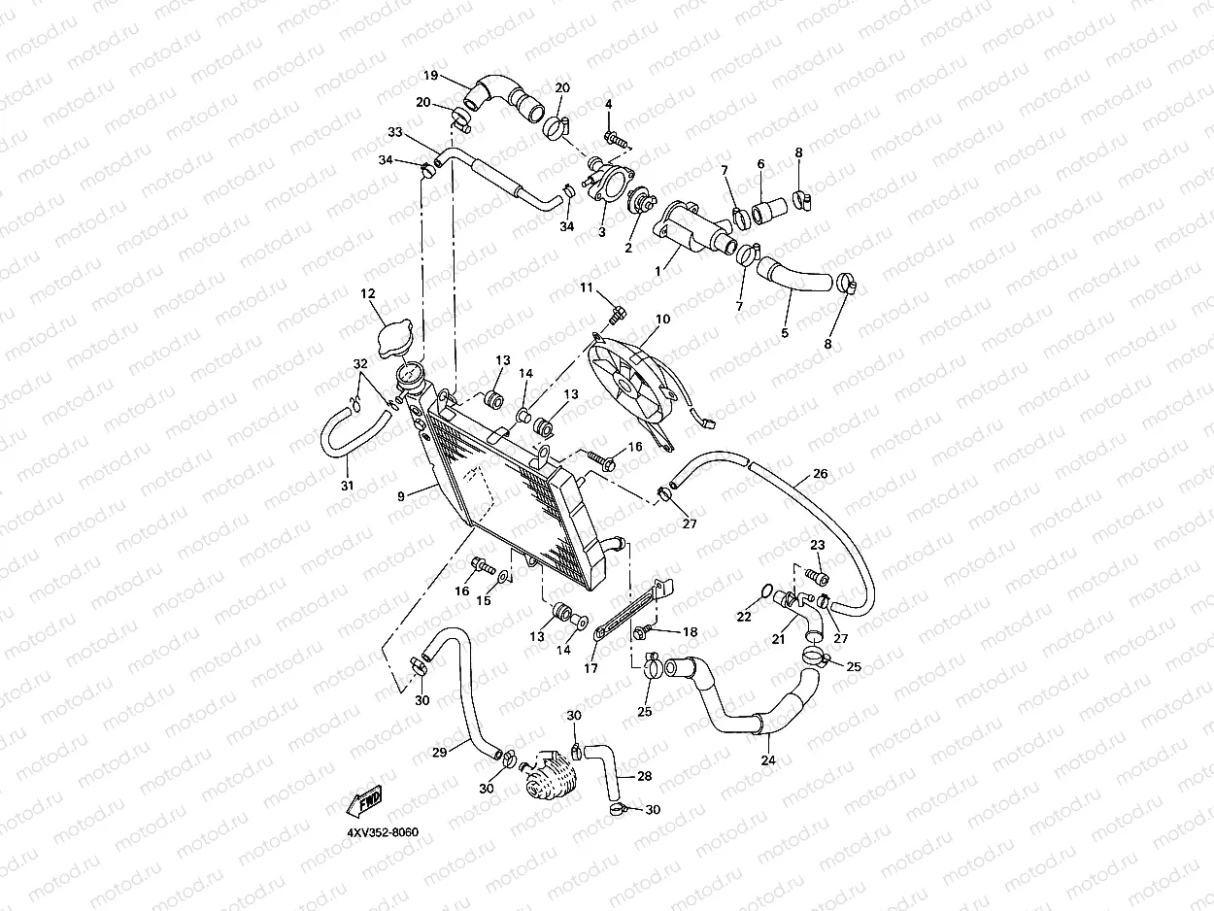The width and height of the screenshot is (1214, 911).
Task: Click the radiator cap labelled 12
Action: (x=393, y=336)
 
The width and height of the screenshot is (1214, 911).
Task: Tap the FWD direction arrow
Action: (x=364, y=801)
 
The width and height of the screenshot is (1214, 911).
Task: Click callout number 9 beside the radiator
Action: (x=400, y=496)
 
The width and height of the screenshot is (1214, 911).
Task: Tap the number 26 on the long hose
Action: (x=821, y=474)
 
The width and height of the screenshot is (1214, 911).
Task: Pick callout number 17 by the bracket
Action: (x=590, y=667)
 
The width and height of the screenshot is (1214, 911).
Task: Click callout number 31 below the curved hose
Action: (x=348, y=485)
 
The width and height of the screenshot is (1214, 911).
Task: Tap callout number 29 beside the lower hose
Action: (x=439, y=753)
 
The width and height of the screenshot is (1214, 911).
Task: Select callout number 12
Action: (x=368, y=293)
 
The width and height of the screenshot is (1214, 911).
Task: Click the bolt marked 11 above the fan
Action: (x=618, y=313)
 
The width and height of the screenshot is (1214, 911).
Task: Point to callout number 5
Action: (x=785, y=332)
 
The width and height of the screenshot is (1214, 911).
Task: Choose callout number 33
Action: (x=394, y=132)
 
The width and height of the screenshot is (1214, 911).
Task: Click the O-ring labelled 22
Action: (x=767, y=590)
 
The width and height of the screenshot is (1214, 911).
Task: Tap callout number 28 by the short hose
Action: (x=644, y=776)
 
